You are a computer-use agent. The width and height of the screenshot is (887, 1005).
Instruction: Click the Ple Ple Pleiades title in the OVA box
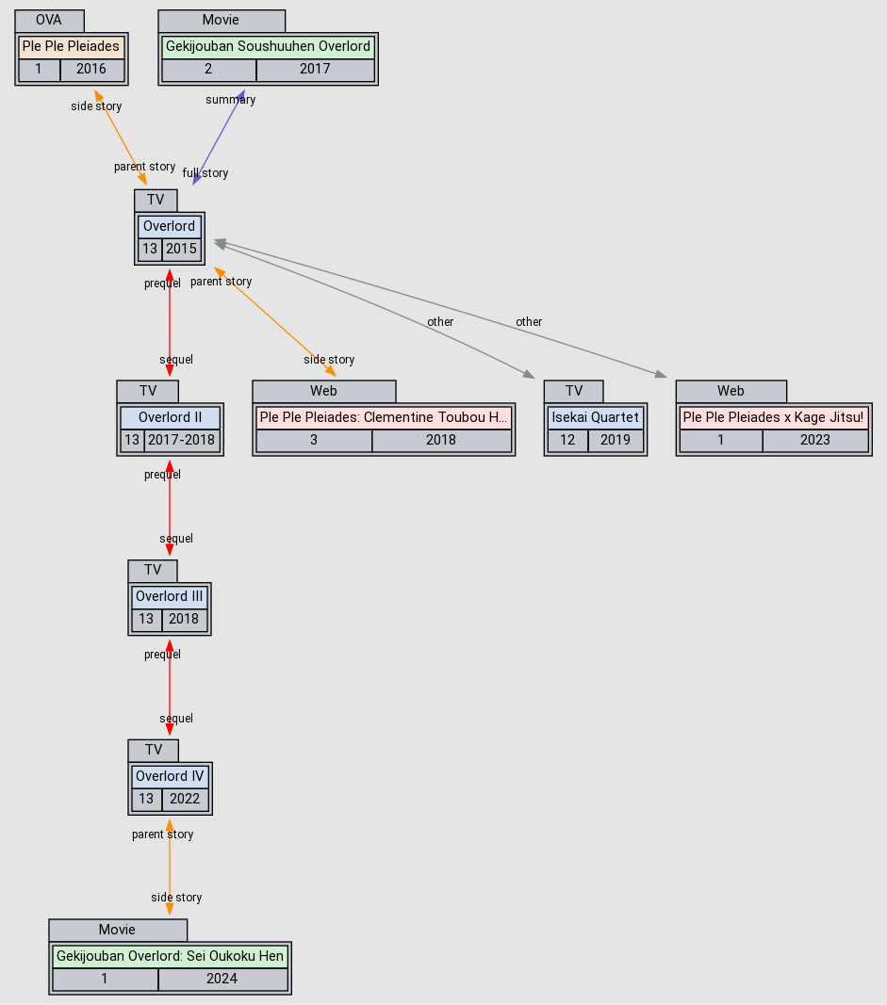pyautogui.click(x=72, y=46)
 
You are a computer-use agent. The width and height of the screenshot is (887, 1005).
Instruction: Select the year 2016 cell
pyautogui.click(x=91, y=69)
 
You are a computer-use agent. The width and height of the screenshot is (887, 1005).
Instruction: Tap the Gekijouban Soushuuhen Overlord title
pyautogui.click(x=268, y=46)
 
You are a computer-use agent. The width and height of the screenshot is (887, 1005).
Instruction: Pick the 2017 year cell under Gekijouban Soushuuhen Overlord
pyautogui.click(x=315, y=69)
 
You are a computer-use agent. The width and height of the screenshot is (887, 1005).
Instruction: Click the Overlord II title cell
pyautogui.click(x=170, y=417)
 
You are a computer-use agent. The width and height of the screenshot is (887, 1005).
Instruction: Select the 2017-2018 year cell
pyautogui.click(x=182, y=440)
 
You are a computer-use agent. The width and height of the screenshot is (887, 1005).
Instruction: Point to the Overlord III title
pyautogui.click(x=170, y=596)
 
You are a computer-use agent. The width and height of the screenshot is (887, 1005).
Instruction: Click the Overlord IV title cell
pyautogui.click(x=170, y=776)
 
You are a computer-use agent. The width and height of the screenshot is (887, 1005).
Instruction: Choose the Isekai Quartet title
pyautogui.click(x=596, y=417)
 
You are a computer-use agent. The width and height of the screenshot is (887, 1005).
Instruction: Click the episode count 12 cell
pyautogui.click(x=567, y=440)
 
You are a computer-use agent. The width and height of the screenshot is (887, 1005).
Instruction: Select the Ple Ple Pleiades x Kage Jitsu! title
pyautogui.click(x=773, y=417)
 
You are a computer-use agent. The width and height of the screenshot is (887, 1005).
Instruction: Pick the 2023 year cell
pyautogui.click(x=814, y=440)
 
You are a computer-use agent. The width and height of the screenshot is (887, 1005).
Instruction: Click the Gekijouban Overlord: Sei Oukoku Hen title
pyautogui.click(x=170, y=956)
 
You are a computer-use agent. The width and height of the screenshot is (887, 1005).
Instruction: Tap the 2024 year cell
pyautogui.click(x=222, y=979)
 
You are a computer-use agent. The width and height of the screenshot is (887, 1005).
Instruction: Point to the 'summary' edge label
pyautogui.click(x=231, y=100)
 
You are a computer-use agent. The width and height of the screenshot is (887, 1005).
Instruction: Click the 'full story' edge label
pyautogui.click(x=205, y=173)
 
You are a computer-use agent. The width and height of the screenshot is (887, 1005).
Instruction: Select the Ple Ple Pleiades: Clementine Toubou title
pyautogui.click(x=384, y=417)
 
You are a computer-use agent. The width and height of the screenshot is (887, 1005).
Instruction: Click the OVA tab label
pyautogui.click(x=49, y=20)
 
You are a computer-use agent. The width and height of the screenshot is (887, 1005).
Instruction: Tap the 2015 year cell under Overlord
pyautogui.click(x=182, y=249)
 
